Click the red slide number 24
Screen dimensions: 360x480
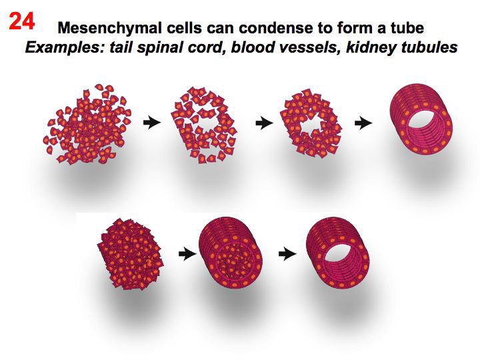coord(22,21)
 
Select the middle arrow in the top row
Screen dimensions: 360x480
coord(264,123)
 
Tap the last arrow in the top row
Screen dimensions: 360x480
coord(363,123)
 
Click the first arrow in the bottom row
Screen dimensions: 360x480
coord(185,253)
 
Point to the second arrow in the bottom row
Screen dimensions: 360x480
coord(287,253)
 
